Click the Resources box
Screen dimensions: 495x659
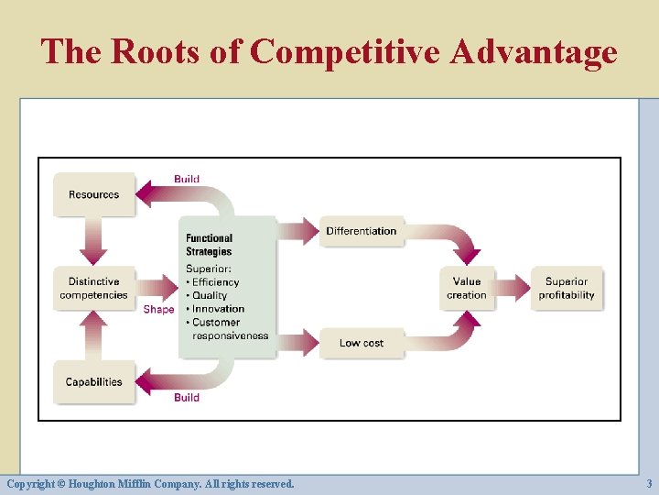[x=93, y=194]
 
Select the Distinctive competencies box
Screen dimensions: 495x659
[x=93, y=289]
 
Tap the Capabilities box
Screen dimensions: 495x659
[x=93, y=382]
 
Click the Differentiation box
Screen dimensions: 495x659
[x=362, y=231]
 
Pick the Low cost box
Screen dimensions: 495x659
[x=362, y=343]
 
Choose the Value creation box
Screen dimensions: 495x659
[x=467, y=289]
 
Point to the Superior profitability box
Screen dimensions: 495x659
[x=567, y=289]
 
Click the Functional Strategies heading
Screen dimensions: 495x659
[x=210, y=245]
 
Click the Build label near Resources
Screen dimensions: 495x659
[x=187, y=179]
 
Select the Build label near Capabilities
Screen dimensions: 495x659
[x=187, y=398]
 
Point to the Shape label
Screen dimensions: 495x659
[x=158, y=310]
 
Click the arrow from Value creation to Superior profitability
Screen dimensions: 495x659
[x=513, y=289]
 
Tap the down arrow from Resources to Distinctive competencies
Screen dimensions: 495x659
[x=93, y=242]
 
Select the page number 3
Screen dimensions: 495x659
[x=649, y=483]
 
